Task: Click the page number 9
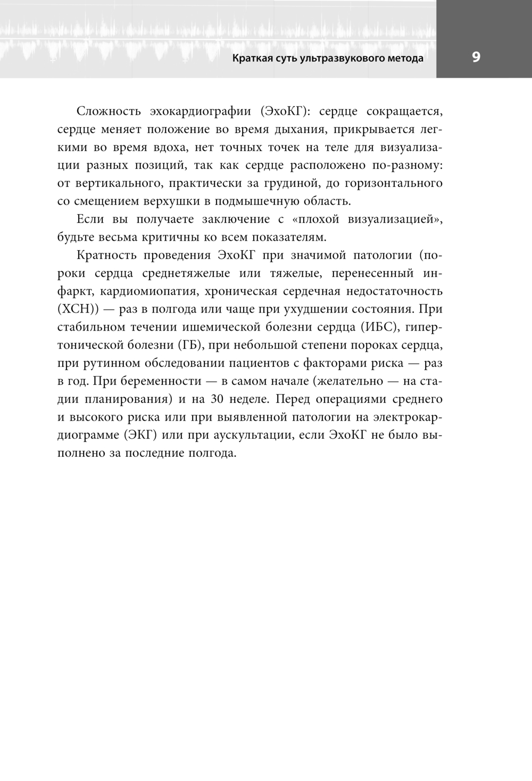[476, 57]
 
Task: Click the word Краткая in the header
[252, 58]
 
